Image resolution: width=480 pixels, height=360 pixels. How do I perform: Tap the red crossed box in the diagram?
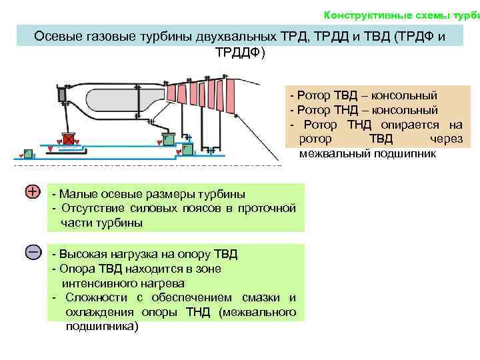68,139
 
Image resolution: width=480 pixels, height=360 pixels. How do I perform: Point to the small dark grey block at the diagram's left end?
61,95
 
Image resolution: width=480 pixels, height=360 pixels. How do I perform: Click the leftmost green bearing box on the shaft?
27,153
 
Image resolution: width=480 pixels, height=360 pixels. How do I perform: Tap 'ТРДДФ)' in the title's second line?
240,52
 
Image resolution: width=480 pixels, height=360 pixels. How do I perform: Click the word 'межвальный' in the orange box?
329,153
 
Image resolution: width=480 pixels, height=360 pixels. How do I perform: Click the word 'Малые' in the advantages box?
75,194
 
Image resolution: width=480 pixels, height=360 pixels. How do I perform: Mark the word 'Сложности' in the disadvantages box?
93,297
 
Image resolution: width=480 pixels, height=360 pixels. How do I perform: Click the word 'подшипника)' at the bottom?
103,327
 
